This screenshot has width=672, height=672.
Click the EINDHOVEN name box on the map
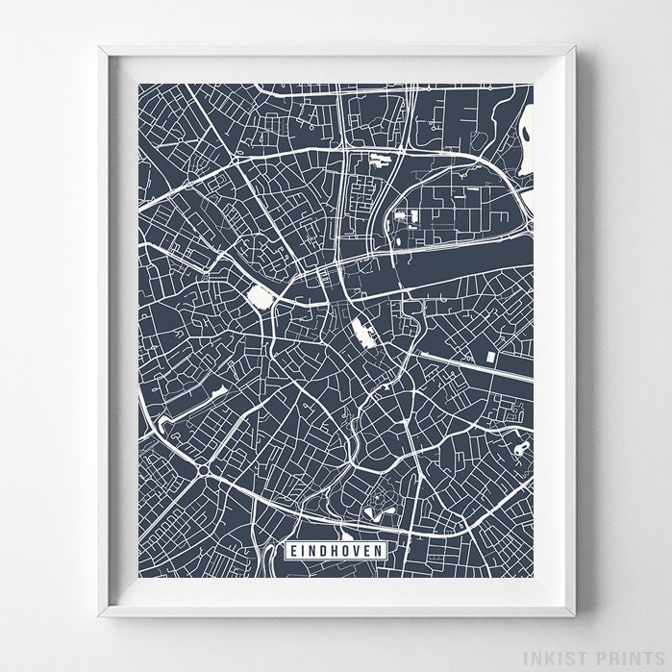pos(336,550)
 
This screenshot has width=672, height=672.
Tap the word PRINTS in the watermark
pos(628,658)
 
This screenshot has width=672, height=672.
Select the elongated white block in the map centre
pos(362,333)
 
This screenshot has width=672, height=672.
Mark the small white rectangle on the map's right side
pos(490,357)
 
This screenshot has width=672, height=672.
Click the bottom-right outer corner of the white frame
pos(576,616)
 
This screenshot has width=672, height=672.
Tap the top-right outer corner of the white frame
pos(576,45)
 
